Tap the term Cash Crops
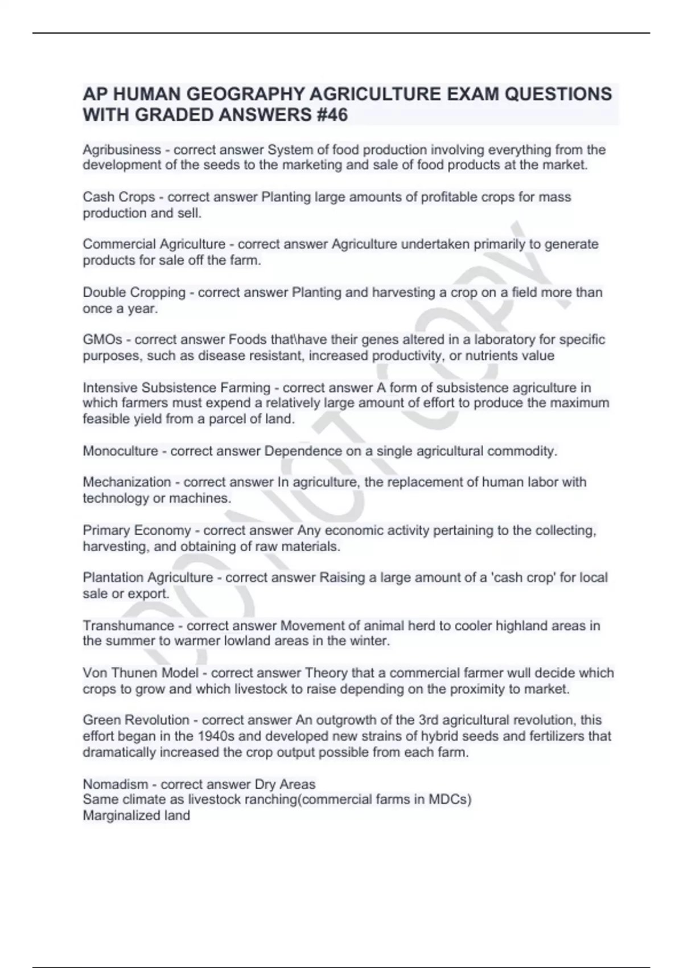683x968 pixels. click(118, 197)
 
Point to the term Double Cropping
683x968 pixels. click(134, 293)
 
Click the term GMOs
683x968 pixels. click(102, 340)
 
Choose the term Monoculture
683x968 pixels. click(121, 452)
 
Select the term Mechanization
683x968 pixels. click(127, 482)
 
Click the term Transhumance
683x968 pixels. click(129, 626)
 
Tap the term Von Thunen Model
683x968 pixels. click(141, 673)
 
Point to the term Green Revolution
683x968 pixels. click(136, 720)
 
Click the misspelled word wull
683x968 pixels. click(525, 673)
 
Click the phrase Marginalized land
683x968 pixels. click(137, 815)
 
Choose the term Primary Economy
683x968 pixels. click(137, 531)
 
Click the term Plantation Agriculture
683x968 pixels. click(148, 578)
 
